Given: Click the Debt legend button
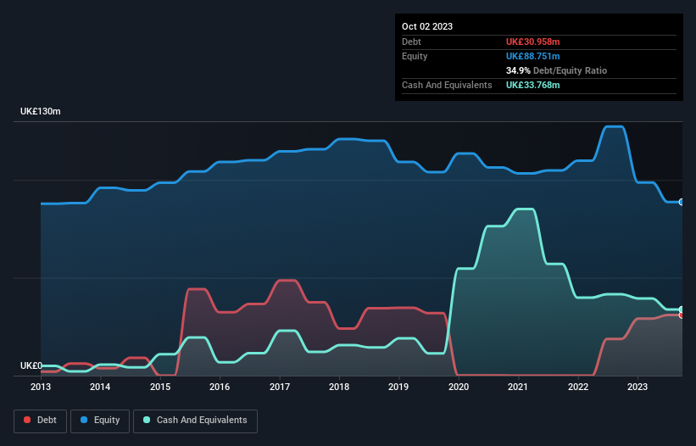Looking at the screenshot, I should pos(39,420).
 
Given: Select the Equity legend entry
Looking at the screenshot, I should pos(99,420).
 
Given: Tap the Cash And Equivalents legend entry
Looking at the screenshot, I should pos(195,420).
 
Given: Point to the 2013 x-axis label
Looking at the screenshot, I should pos(41,387).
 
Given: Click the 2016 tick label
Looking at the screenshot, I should pos(220,387).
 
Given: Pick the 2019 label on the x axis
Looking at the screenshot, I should pos(398,387).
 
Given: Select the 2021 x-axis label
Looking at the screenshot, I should pos(518,387).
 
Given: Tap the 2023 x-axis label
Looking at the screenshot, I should pos(638,387).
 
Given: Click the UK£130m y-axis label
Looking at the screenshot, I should pos(41,112).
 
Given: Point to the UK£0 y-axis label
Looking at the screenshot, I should pos(31,365).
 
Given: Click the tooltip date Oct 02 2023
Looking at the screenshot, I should pos(427,26).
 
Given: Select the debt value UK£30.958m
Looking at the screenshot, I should pos(532,42).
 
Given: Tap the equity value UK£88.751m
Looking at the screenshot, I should pos(532,56).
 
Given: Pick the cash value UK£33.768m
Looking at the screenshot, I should pos(532,85).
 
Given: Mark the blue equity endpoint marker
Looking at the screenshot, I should pos(681,202).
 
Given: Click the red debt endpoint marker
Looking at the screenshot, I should pos(681,315).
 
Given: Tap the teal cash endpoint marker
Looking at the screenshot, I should pos(681,309).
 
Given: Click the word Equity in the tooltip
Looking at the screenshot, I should pos(415,56).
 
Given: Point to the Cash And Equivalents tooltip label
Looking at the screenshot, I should pos(447,85).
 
